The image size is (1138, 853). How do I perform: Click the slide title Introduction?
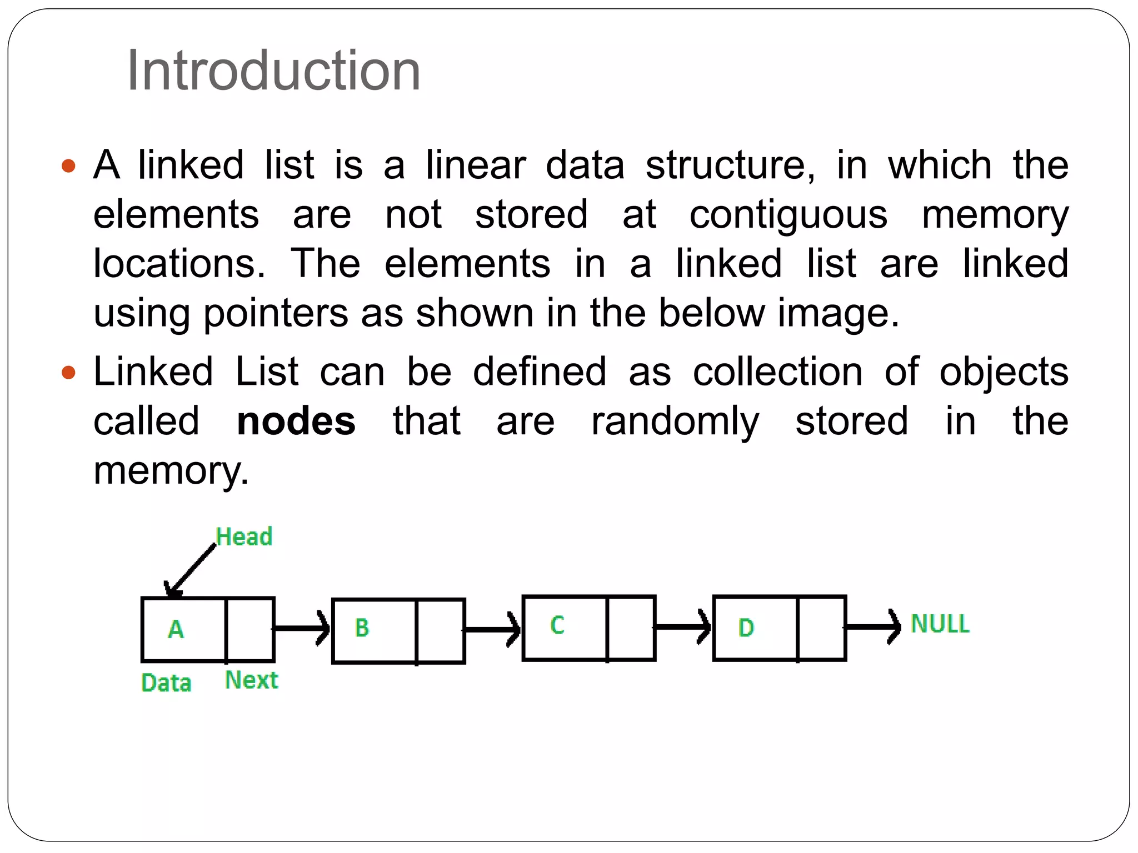(x=273, y=71)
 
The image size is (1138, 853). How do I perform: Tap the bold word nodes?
(x=296, y=422)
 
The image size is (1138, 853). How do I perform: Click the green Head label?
(x=244, y=537)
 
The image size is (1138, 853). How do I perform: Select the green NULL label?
(x=940, y=624)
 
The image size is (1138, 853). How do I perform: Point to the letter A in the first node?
(x=176, y=629)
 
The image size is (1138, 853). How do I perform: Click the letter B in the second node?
(x=362, y=628)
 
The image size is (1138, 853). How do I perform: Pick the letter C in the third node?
(x=557, y=625)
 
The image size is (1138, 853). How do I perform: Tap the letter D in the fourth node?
(x=746, y=628)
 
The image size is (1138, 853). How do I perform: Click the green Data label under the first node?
(x=166, y=683)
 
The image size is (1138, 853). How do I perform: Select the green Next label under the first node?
(x=251, y=680)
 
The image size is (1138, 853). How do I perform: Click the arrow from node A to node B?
(x=302, y=629)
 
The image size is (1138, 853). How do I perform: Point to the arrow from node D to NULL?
(x=872, y=627)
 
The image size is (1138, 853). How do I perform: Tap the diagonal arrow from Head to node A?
(x=192, y=570)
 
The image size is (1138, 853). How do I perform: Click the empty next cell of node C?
(x=631, y=628)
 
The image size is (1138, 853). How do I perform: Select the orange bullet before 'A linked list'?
(x=68, y=165)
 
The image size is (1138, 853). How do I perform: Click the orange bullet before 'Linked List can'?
(x=68, y=372)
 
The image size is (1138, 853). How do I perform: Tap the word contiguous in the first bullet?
(x=788, y=215)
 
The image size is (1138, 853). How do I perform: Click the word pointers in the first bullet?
(x=276, y=313)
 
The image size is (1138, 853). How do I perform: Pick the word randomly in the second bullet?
(x=675, y=422)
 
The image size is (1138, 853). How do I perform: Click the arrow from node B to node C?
(x=492, y=629)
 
